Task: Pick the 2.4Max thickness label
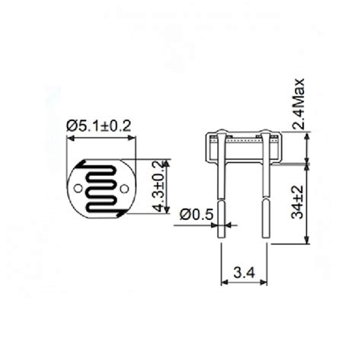[x=299, y=104]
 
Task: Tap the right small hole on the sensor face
[x=124, y=187]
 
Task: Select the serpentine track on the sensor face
[x=101, y=187]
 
